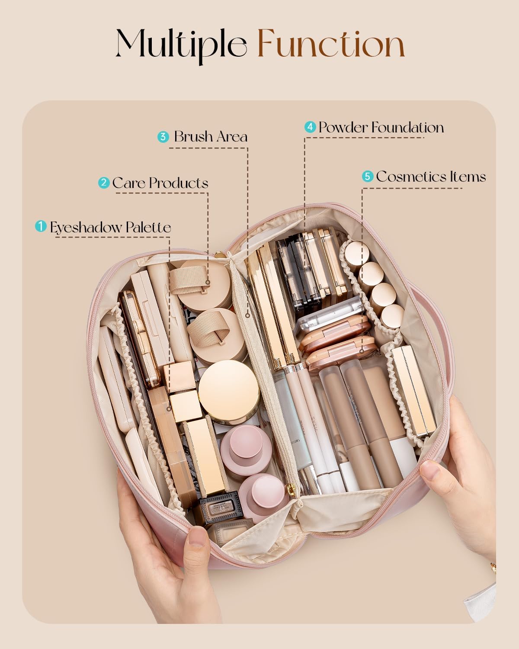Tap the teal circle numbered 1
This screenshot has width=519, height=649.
(40, 226)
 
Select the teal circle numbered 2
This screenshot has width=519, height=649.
(104, 183)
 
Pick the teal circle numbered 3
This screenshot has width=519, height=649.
(163, 137)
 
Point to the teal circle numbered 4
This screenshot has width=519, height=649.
(310, 127)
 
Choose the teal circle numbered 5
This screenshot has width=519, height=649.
(368, 176)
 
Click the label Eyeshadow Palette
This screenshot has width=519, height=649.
(110, 228)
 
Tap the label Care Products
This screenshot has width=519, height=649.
(160, 183)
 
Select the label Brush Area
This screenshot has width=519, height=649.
(211, 137)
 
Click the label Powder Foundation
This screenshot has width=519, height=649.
(381, 127)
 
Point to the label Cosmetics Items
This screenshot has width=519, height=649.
(431, 177)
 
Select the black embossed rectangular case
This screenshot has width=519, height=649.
(221, 507)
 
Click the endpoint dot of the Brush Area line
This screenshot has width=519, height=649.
(247, 315)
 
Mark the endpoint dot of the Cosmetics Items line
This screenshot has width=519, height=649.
(362, 351)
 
